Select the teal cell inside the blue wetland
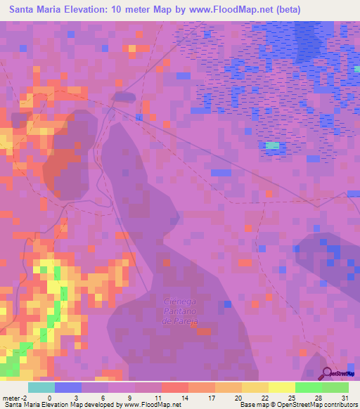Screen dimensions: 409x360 click(x=273, y=145)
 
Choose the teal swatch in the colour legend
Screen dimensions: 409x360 click(x=41, y=387)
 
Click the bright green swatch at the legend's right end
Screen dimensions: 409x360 click(x=335, y=387)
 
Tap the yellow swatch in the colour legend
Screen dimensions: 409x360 click(x=282, y=387)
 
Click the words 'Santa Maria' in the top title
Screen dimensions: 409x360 click(x=34, y=10)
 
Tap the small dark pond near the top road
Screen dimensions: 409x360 click(x=124, y=97)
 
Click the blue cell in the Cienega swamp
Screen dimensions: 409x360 click(x=227, y=304)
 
